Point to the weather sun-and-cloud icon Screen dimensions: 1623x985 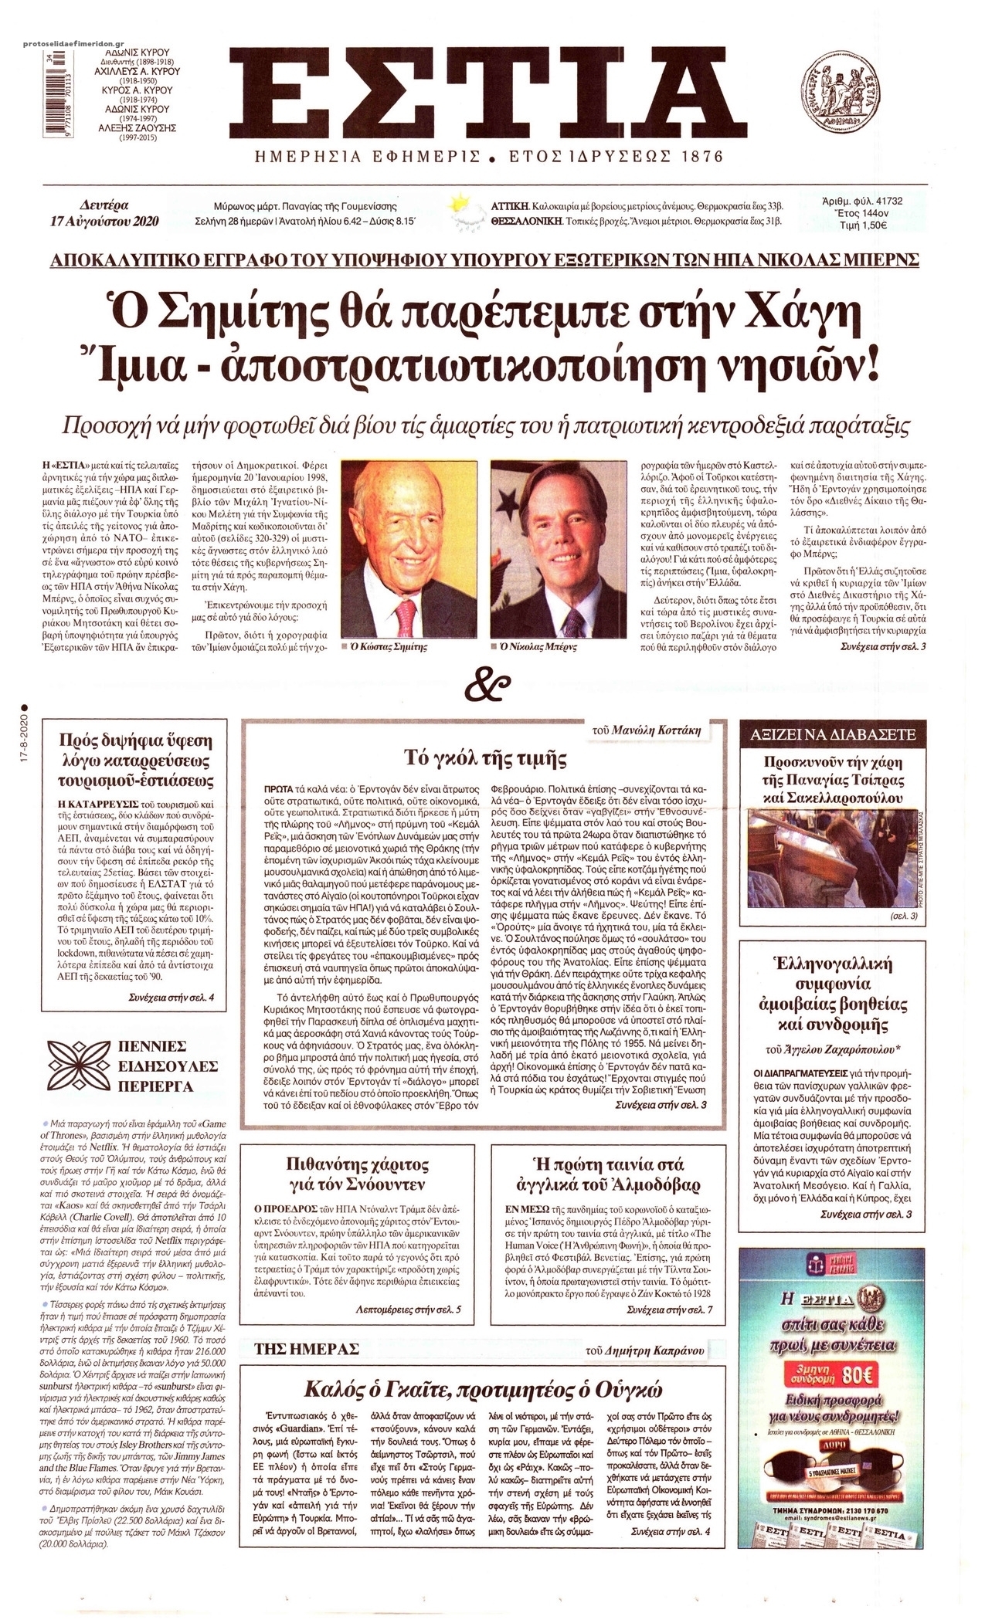(466, 214)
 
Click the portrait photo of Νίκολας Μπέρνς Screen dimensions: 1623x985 (555, 555)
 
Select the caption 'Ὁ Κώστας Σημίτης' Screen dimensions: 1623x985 (396, 646)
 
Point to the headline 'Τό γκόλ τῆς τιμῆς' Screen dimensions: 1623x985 (485, 757)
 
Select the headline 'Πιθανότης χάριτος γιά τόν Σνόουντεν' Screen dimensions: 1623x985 (357, 1181)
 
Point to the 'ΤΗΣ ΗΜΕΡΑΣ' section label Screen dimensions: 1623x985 (307, 1328)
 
